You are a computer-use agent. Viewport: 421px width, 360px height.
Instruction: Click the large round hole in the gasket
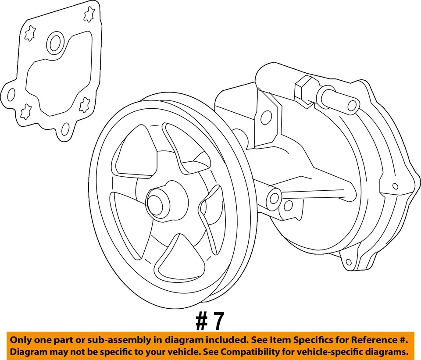(56, 43)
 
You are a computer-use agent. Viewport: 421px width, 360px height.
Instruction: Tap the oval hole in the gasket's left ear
(12, 94)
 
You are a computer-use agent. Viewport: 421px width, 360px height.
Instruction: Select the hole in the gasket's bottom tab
(65, 129)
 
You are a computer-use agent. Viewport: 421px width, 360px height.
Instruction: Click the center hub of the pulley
(157, 202)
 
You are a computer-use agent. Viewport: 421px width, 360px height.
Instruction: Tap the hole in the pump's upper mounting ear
(266, 117)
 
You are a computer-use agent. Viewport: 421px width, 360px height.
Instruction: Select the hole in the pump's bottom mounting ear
(349, 262)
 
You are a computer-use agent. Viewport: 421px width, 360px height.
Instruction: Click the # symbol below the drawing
(202, 322)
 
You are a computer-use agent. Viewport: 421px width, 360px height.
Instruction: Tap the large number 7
(218, 322)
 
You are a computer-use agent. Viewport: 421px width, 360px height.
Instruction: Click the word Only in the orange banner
(21, 340)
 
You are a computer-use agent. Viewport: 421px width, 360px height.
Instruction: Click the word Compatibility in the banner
(250, 352)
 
